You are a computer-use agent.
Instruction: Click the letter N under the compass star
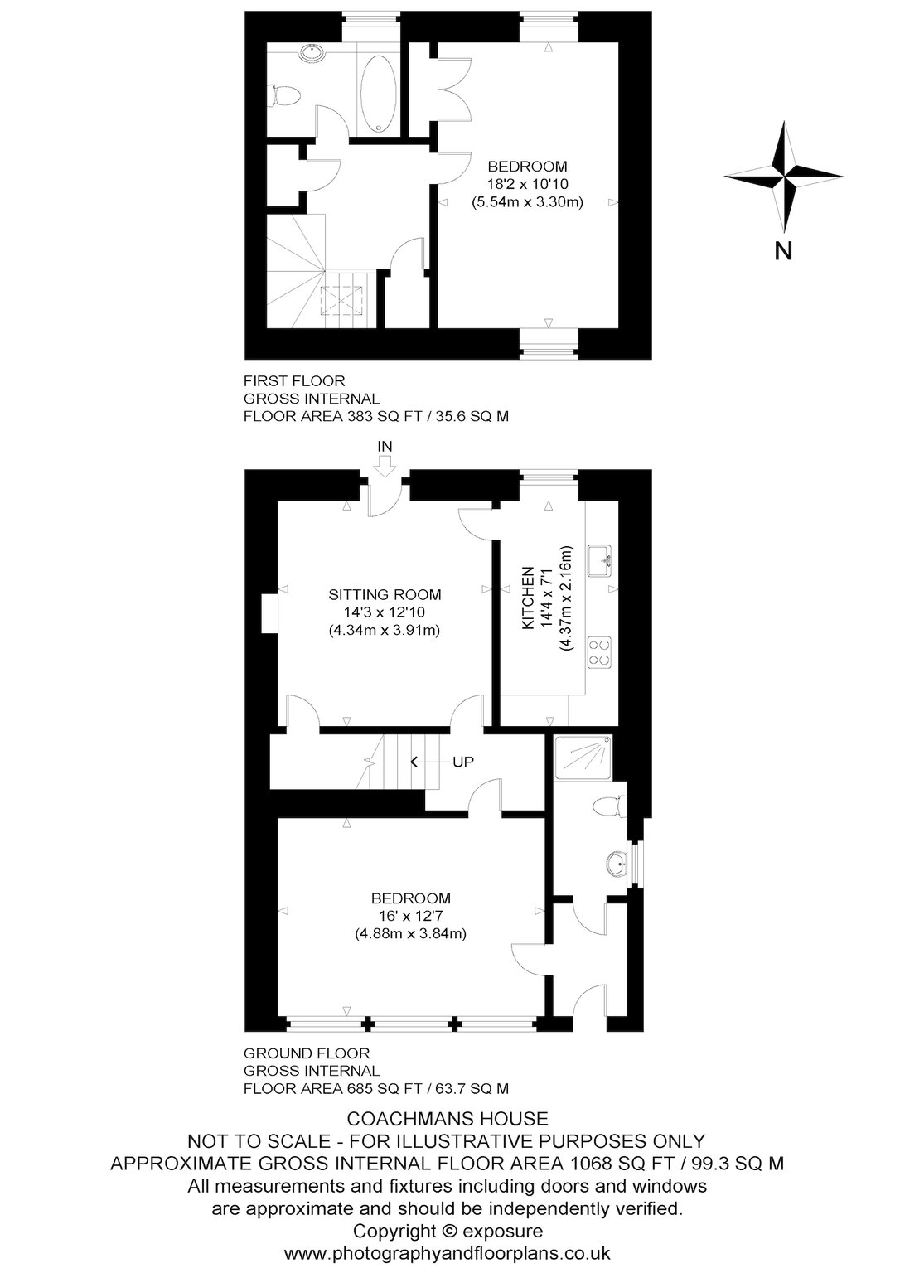pos(783,250)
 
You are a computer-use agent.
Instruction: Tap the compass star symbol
pos(783,177)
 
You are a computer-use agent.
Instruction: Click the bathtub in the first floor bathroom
pos(378,94)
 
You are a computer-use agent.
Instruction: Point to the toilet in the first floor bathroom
pos(279,95)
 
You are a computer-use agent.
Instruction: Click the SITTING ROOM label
pos(385,594)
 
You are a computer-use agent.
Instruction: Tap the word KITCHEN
pos(528,598)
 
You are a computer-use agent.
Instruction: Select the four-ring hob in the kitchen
pos(599,651)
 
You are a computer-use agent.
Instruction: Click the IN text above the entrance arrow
pos(385,446)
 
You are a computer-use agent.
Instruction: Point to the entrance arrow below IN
pos(385,467)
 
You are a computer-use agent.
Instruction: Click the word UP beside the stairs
pos(463,762)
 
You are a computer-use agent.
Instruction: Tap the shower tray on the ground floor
pos(583,758)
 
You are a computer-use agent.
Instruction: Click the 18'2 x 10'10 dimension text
pos(528,184)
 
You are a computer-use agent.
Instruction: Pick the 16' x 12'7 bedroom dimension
pos(411,916)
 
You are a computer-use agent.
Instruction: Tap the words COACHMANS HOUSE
pos(448,1119)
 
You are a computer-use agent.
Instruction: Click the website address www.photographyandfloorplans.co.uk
pos(448,1253)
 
